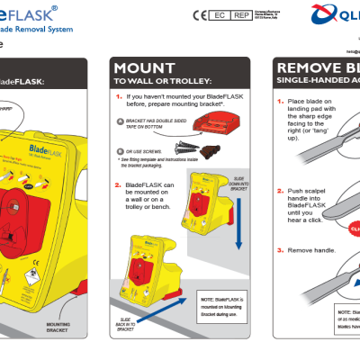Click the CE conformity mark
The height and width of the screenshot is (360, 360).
click(200, 15)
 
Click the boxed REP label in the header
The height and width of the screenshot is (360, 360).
click(241, 15)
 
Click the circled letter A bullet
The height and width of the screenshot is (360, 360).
click(121, 120)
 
